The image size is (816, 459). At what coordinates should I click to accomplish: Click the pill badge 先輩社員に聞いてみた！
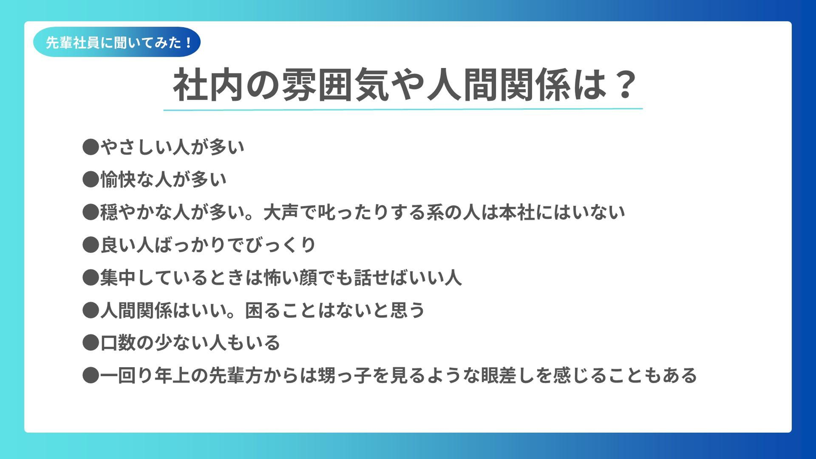point(117,42)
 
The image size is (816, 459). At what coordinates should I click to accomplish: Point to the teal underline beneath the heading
point(403,109)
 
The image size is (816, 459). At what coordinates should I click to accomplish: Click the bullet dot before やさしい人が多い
point(91,147)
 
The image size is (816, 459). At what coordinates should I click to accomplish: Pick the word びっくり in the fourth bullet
point(280,245)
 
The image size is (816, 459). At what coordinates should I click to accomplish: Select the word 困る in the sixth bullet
point(263,311)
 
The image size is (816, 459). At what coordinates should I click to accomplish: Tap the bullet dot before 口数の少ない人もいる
point(91,343)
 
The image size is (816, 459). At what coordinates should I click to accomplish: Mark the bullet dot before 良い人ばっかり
point(91,245)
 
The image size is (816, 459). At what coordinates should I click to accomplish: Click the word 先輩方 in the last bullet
point(236,376)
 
